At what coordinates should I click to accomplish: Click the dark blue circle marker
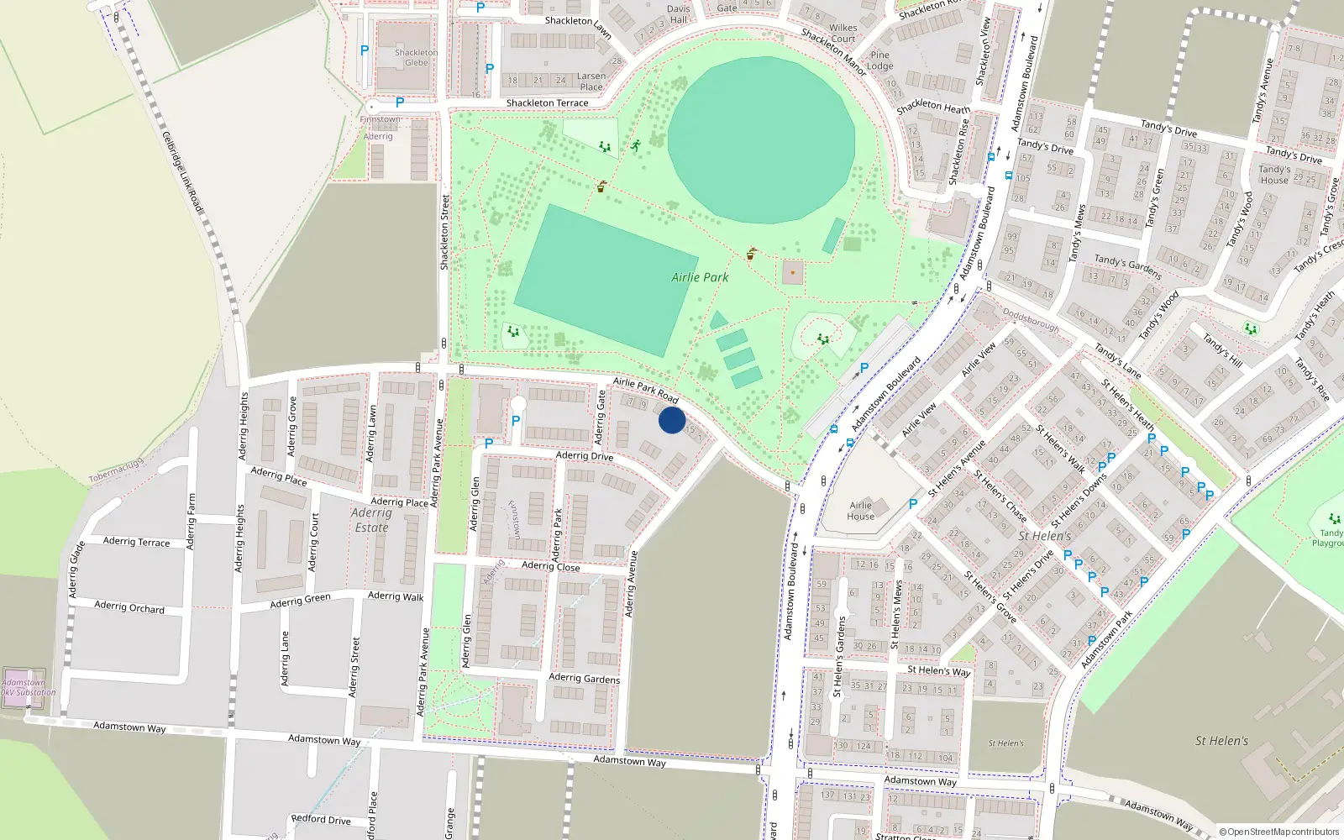[672, 420]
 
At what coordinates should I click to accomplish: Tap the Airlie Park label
[700, 277]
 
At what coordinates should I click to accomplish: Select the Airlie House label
[860, 511]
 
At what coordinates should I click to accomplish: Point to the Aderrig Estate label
[371, 520]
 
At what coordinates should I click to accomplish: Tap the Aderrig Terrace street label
[136, 542]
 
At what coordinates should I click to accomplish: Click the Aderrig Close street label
[550, 566]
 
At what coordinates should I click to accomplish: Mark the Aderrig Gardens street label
[584, 678]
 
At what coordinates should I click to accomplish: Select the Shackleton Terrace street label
[547, 103]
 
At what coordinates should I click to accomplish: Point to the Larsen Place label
[591, 81]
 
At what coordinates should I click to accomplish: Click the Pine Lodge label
[879, 60]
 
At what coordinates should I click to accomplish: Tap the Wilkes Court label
[843, 33]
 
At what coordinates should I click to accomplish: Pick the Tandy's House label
[1274, 175]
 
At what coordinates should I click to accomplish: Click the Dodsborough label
[1031, 319]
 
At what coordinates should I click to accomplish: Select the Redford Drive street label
[321, 819]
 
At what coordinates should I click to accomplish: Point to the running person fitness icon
[636, 145]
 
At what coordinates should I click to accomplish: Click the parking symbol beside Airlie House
[913, 504]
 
